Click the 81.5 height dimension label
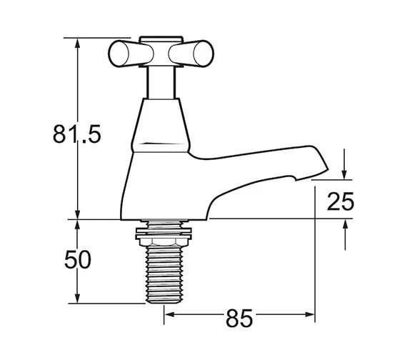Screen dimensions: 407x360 (77, 134)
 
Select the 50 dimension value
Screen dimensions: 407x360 (78, 259)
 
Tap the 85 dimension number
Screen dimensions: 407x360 (239, 318)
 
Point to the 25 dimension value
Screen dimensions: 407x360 (341, 201)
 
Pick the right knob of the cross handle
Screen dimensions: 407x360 (191, 54)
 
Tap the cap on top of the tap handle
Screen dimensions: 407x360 (161, 39)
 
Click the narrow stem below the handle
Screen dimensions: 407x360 (161, 82)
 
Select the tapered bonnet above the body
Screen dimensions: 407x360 (161, 125)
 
